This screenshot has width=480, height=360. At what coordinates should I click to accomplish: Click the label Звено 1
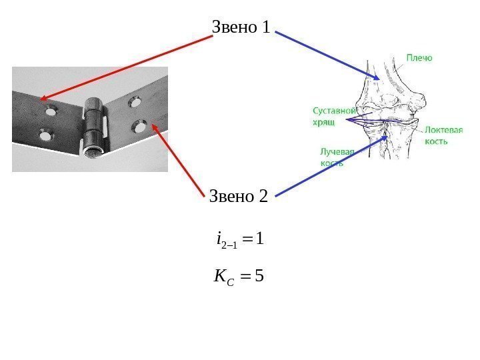pos(241,28)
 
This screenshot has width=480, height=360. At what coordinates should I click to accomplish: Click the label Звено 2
pos(238,197)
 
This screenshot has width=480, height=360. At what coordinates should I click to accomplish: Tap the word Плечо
pos(419,58)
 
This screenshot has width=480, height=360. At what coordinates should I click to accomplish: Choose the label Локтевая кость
pos(443,136)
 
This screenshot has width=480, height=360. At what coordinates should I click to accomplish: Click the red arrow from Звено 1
pos(127,67)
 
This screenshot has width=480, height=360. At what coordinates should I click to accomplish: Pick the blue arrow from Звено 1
pos(327,55)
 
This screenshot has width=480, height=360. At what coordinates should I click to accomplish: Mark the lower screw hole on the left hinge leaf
pos(45,136)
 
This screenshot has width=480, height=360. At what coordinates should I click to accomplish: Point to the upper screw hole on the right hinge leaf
pos(136,103)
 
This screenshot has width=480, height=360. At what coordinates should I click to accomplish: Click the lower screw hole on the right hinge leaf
pos(140,124)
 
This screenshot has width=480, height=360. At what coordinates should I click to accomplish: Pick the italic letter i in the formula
pos(219,238)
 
